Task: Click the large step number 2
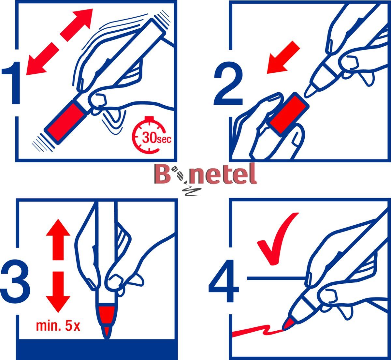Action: tap(228, 84)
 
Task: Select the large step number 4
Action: tap(224, 281)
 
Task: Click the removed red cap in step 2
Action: tap(289, 114)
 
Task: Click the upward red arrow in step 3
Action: tap(58, 239)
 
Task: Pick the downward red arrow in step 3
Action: tap(58, 292)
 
